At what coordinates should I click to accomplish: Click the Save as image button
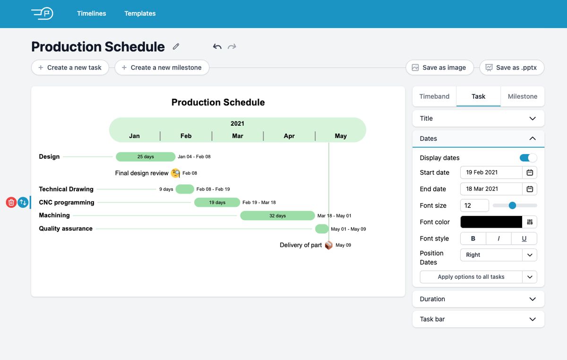[x=439, y=68]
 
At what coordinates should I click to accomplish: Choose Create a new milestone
[x=162, y=68]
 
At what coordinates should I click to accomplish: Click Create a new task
[x=70, y=68]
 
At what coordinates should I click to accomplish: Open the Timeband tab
[x=434, y=96]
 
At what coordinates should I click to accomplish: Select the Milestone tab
[x=522, y=96]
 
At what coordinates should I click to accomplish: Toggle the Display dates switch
[x=528, y=158]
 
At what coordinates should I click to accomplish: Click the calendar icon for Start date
[x=530, y=172]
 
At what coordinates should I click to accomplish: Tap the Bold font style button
[x=473, y=239]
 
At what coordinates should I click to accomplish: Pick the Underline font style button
[x=524, y=239]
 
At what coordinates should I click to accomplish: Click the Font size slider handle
[x=512, y=205]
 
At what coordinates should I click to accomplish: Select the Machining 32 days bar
[x=277, y=216]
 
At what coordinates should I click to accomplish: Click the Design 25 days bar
[x=145, y=157]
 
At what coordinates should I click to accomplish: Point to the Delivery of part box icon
[x=328, y=245]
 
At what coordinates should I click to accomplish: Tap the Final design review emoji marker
[x=175, y=173]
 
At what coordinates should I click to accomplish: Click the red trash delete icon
[x=11, y=203]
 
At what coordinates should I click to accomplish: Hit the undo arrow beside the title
[x=217, y=46]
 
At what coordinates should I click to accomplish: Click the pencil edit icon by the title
[x=176, y=46]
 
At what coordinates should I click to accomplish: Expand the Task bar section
[x=478, y=319]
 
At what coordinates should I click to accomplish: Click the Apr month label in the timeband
[x=289, y=136]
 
